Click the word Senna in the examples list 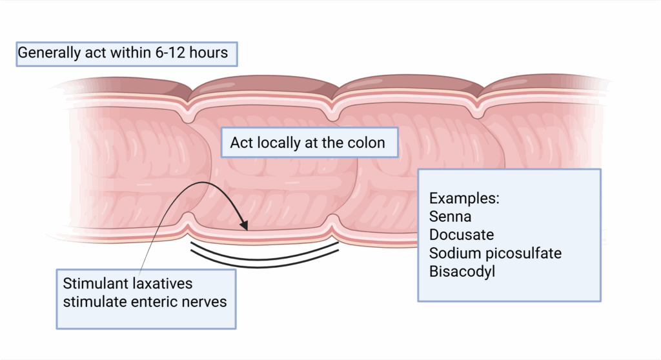click(450, 216)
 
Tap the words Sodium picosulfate click(495, 252)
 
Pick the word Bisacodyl click(462, 270)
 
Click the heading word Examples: click(463, 198)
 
